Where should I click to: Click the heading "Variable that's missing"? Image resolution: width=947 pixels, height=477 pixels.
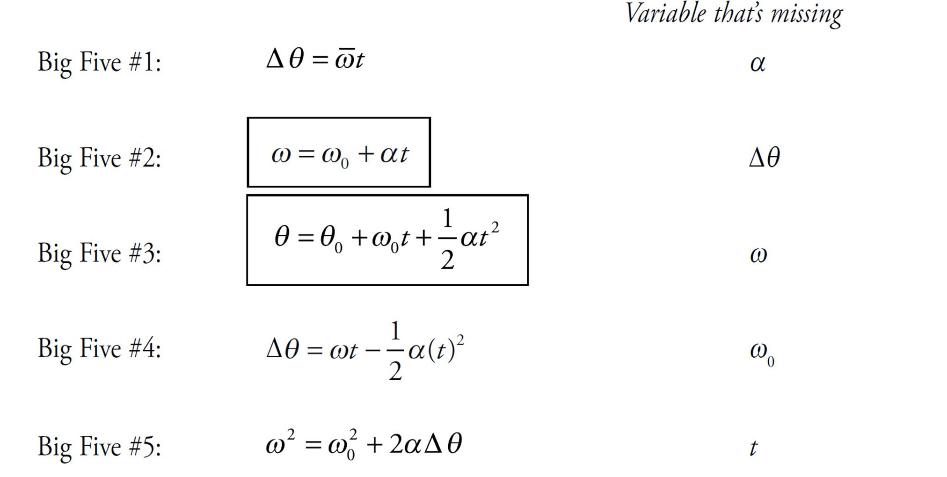coord(734,14)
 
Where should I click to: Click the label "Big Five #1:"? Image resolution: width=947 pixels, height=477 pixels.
coord(99,62)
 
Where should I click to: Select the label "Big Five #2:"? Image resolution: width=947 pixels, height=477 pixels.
coord(99,158)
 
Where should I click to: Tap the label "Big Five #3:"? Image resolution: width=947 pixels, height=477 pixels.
coord(99,253)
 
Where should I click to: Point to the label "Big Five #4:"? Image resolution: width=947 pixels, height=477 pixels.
coord(99,349)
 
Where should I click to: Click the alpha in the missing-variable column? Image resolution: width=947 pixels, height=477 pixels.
coord(758,64)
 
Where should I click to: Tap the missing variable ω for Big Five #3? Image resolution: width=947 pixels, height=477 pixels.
coord(758,255)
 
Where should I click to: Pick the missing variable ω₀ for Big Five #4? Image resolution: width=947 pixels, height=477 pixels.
coord(761,352)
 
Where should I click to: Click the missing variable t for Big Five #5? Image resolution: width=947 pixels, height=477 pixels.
coord(753,448)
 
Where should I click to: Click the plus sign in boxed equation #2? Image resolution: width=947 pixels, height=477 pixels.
coord(366,154)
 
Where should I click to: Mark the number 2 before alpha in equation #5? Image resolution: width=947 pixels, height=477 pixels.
coord(396,444)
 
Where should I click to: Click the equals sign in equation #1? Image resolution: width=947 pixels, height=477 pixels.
coord(320,60)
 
